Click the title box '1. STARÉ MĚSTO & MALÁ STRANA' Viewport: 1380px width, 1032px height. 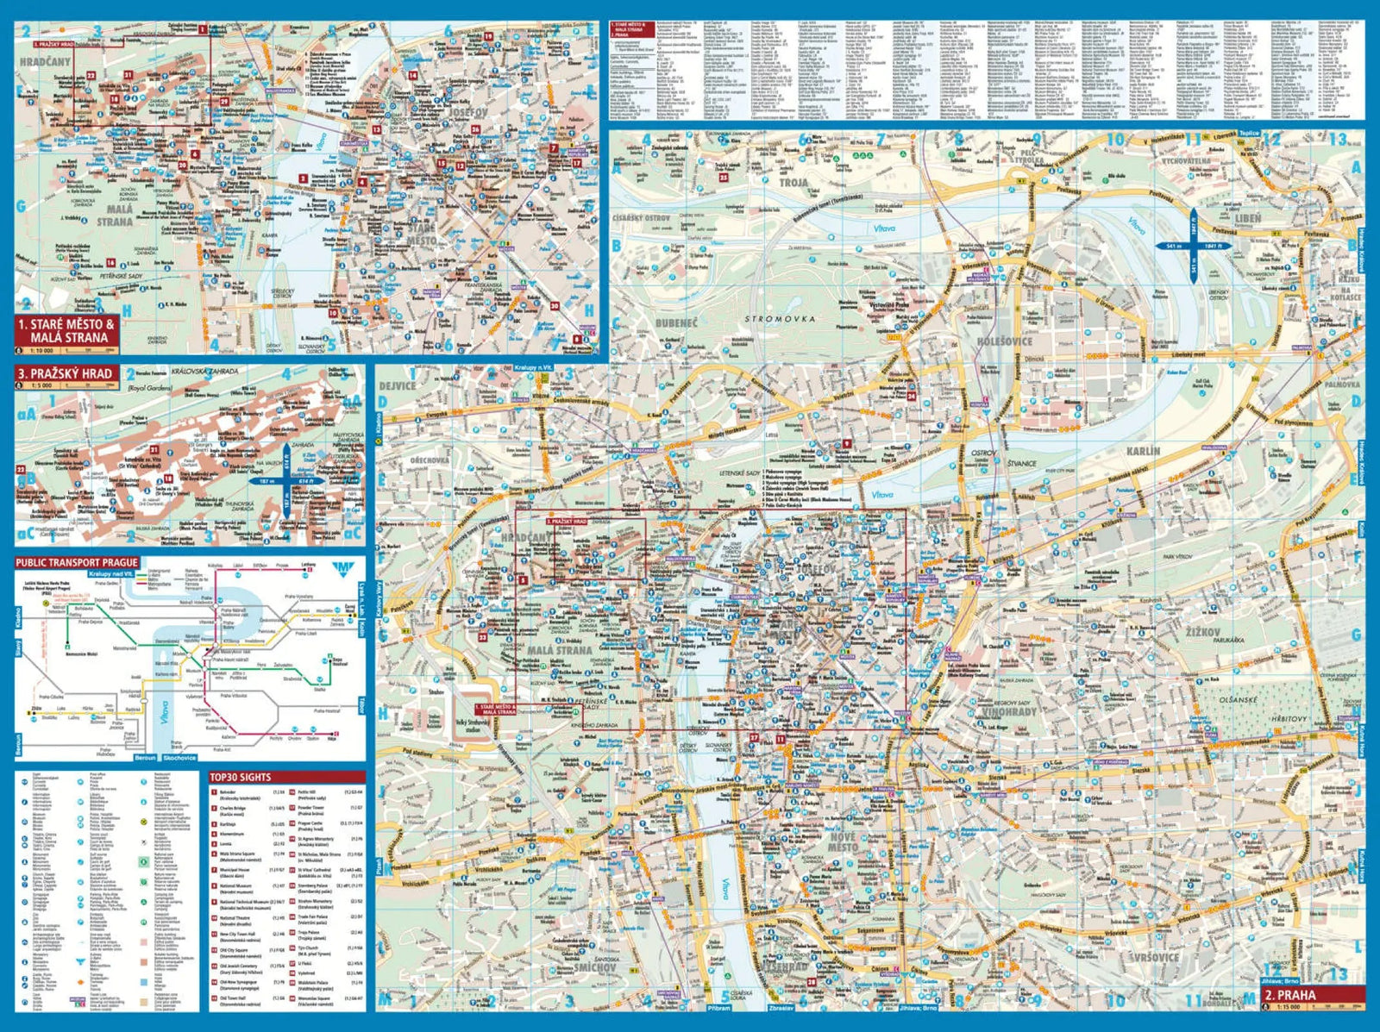point(66,331)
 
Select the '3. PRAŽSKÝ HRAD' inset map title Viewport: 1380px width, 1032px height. point(65,373)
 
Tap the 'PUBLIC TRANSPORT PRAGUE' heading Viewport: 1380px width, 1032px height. point(77,562)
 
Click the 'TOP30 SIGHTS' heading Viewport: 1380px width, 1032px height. point(241,777)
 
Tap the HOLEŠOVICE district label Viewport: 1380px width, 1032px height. point(1004,341)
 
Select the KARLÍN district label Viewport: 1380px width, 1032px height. point(1143,451)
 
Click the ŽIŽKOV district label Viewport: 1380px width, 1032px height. point(1201,632)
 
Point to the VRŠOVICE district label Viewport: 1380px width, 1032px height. point(1154,957)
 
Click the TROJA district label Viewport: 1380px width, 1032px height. point(793,182)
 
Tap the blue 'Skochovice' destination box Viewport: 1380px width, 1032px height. point(179,758)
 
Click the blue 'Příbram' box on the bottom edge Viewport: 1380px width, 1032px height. point(718,1007)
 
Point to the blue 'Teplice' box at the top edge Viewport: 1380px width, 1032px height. point(1249,134)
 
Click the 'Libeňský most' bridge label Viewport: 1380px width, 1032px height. point(1188,354)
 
